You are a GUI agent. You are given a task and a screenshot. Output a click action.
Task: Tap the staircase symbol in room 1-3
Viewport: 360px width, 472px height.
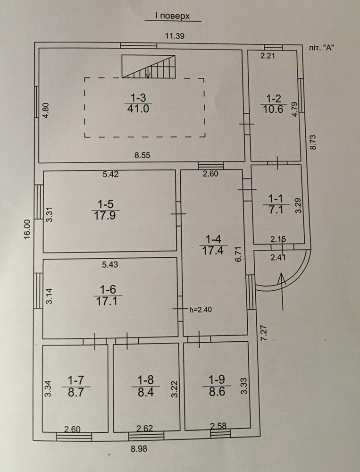(x=149, y=66)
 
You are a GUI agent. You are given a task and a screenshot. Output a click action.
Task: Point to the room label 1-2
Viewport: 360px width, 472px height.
(x=274, y=99)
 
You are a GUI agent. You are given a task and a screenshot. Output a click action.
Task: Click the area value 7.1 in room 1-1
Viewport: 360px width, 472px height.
(x=275, y=210)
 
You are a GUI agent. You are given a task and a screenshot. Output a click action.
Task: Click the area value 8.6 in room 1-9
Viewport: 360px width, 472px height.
(x=217, y=391)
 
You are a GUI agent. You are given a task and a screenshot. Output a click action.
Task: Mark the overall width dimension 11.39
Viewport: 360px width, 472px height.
(x=174, y=35)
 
